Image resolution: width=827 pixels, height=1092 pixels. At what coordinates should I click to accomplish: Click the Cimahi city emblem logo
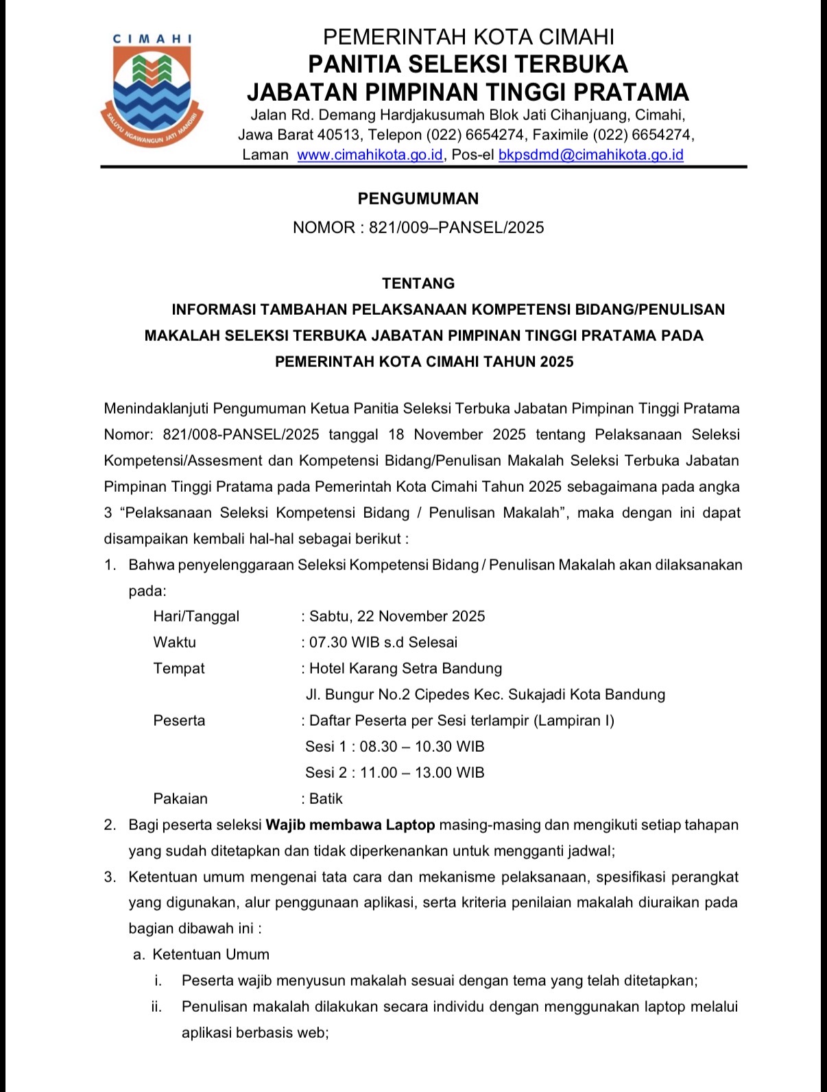152,89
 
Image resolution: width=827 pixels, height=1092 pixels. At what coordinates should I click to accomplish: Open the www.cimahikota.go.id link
370,155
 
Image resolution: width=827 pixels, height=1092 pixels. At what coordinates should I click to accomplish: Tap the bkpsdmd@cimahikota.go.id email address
590,155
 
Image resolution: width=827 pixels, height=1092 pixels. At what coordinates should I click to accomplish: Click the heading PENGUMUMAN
418,199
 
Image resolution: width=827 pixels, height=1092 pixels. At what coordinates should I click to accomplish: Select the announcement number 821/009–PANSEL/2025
456,228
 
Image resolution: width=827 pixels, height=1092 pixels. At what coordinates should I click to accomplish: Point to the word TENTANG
418,283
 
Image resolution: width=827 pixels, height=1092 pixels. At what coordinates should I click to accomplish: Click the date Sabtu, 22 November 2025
397,616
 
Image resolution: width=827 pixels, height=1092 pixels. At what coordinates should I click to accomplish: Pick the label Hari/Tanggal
196,616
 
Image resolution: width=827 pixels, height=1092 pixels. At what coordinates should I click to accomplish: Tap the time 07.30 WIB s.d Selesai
383,642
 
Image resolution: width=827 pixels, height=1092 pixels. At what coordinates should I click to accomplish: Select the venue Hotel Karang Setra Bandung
405,668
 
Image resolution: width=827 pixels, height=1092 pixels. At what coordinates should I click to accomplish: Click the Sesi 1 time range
422,746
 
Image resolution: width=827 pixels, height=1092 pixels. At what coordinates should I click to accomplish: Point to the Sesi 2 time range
422,772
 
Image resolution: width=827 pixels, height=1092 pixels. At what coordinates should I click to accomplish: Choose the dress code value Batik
326,798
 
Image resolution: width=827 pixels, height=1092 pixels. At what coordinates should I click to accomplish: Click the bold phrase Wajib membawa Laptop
350,824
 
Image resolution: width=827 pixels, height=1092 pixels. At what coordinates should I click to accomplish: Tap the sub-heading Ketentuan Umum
211,954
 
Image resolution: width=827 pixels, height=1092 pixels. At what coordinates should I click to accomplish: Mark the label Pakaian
180,798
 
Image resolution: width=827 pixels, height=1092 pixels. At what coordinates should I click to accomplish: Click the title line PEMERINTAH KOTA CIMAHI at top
468,36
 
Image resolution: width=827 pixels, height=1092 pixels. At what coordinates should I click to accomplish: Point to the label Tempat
179,668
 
